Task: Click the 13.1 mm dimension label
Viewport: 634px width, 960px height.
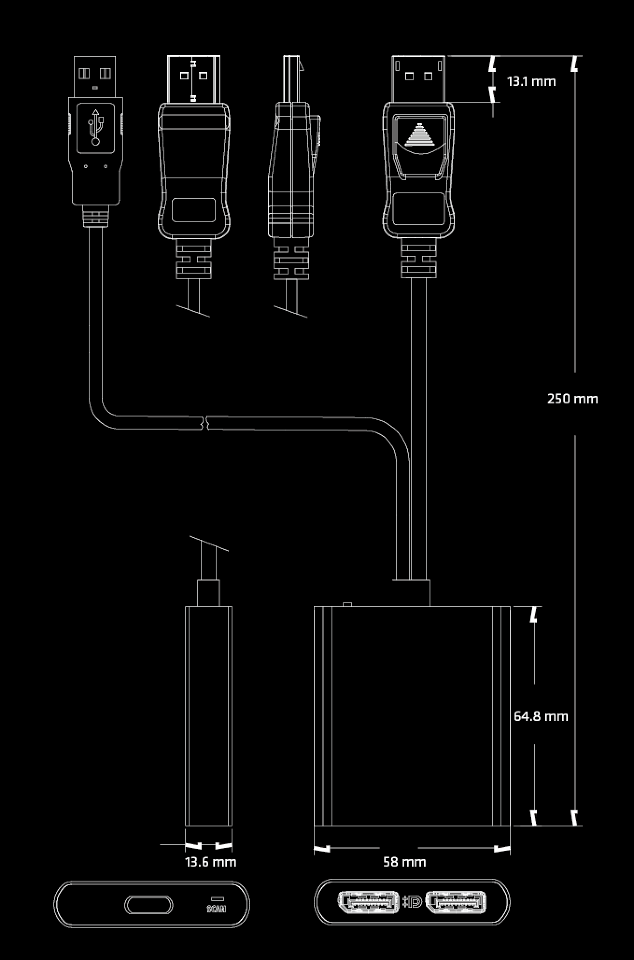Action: (531, 81)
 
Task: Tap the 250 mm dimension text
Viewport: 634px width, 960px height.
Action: (572, 399)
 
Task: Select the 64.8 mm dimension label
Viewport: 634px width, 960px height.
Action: (541, 716)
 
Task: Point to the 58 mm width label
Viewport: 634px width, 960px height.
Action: (404, 862)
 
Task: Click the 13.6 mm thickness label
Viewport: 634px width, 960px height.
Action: (211, 862)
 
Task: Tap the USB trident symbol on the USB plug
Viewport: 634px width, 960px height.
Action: (95, 127)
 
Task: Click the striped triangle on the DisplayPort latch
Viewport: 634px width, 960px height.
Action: (419, 135)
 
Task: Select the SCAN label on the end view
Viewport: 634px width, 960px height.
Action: (217, 909)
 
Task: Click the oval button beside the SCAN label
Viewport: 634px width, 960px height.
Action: (148, 905)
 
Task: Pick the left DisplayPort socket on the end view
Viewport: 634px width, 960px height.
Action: (368, 902)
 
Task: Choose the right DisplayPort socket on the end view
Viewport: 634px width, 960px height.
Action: (456, 902)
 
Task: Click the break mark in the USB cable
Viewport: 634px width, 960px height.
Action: (204, 422)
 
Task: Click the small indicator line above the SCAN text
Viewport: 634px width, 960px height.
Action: (217, 898)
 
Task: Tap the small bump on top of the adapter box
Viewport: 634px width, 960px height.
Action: (347, 604)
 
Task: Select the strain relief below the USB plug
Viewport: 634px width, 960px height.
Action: (95, 217)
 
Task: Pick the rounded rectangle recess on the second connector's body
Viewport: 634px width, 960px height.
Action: (193, 210)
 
